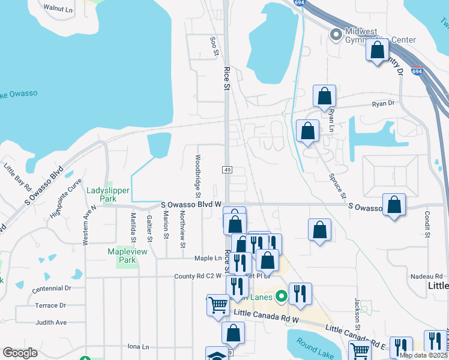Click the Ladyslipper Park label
tap(101, 194)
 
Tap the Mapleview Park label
tap(122, 256)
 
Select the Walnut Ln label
tap(58, 9)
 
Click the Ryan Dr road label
tap(383, 104)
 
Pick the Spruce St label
tap(338, 187)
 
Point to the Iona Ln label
tap(138, 347)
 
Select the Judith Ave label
tap(51, 322)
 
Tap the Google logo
tap(20, 353)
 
